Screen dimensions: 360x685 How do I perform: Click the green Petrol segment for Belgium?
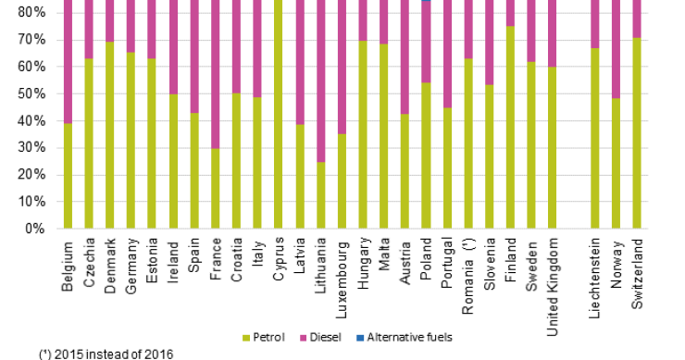[x=67, y=176]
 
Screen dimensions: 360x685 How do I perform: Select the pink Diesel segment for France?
[x=215, y=74]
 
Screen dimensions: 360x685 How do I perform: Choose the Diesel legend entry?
[x=328, y=337]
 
